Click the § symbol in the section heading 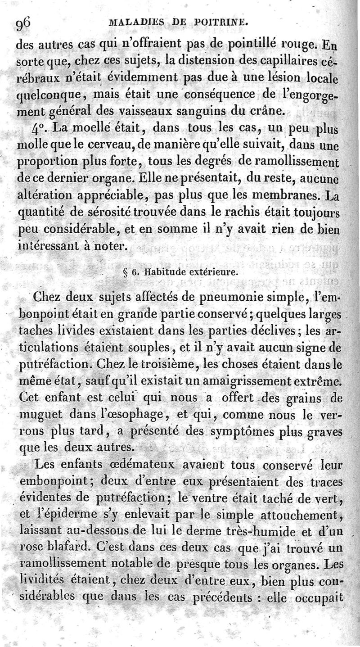[x=125, y=272]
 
